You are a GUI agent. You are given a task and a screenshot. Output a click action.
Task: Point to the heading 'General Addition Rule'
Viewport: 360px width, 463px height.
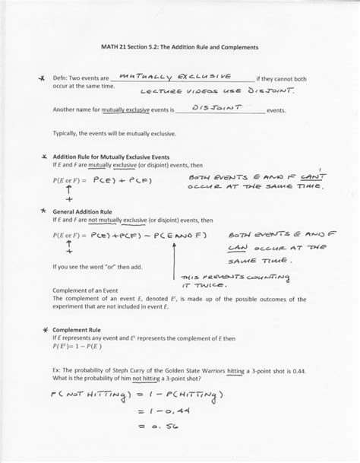81,212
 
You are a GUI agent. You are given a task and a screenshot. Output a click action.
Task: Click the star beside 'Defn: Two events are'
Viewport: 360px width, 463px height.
31,78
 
